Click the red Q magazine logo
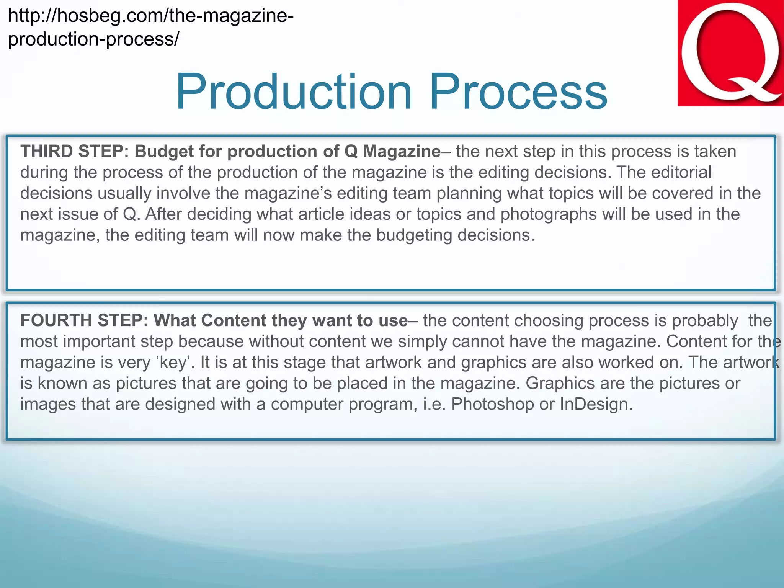[730, 53]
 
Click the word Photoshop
[492, 404]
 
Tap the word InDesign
[596, 404]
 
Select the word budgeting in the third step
[414, 235]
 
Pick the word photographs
[548, 214]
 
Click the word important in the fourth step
[99, 341]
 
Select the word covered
[683, 193]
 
